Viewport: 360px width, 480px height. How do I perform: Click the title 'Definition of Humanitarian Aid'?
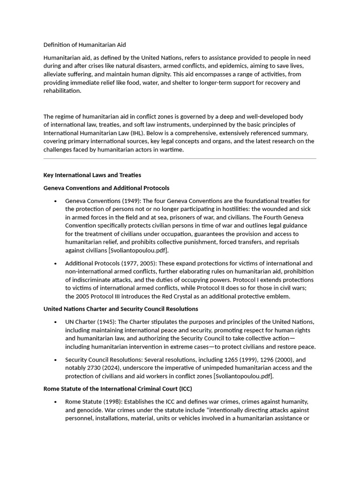[x=84, y=45]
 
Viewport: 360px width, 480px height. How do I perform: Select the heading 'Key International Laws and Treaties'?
[x=92, y=175]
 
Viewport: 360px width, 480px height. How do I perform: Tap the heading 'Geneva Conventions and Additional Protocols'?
[x=106, y=188]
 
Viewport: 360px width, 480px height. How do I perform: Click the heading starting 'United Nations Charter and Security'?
[x=120, y=309]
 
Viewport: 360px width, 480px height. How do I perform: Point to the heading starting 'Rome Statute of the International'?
[x=118, y=389]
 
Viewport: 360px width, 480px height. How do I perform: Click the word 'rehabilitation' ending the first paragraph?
[x=62, y=91]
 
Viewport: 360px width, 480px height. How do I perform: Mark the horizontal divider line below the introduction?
[x=180, y=159]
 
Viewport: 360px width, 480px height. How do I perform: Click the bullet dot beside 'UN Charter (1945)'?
[x=55, y=322]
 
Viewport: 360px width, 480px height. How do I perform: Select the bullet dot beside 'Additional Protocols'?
[x=55, y=264]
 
